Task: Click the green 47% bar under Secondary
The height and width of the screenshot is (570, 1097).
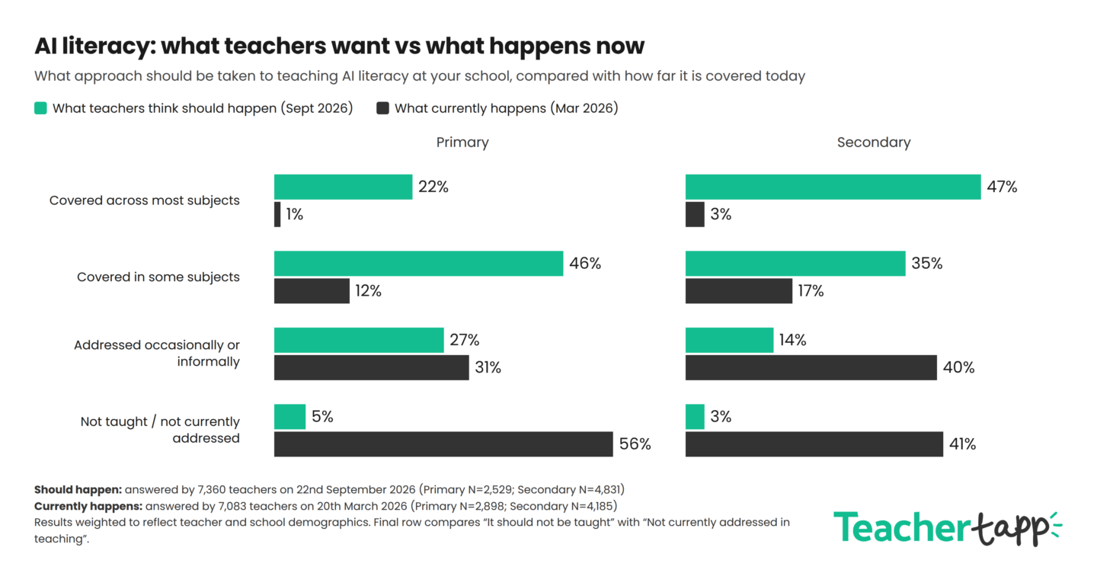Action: point(833,187)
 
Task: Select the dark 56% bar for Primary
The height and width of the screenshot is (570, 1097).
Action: point(443,444)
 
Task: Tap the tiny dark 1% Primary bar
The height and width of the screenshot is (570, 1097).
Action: point(277,214)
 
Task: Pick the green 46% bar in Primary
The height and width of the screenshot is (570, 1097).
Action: point(419,264)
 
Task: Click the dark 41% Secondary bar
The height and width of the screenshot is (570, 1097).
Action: point(814,444)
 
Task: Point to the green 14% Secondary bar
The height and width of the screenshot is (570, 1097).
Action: point(730,340)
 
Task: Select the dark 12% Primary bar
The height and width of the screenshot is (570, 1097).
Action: point(312,291)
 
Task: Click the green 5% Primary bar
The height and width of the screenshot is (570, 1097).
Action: point(290,417)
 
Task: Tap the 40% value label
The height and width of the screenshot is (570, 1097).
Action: point(959,367)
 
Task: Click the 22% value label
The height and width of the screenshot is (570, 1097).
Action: point(433,187)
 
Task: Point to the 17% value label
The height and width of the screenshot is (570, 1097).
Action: point(811,291)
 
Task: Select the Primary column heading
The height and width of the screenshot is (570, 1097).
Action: point(462,142)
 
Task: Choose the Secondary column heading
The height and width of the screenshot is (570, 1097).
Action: point(874,142)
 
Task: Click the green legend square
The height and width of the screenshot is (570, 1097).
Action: point(40,108)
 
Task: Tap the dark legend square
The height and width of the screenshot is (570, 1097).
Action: point(382,108)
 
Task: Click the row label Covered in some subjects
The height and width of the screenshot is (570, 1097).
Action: point(158,277)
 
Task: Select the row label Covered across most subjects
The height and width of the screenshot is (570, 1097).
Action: point(145,200)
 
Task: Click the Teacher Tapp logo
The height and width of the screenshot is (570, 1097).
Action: point(948,528)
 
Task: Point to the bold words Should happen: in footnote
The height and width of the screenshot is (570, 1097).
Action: point(78,490)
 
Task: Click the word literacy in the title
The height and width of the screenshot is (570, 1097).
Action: point(109,46)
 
